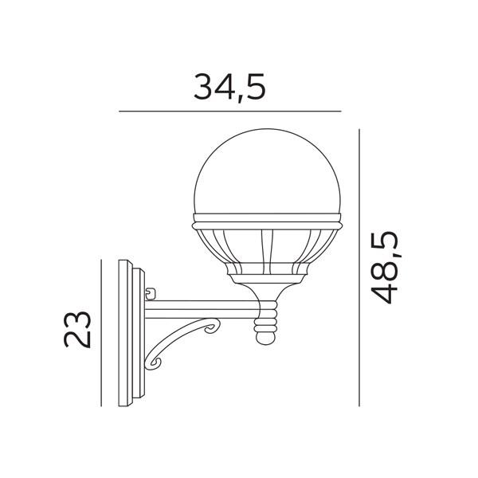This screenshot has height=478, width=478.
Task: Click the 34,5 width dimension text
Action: coord(229,86)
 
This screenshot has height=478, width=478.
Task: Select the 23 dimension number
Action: coord(79,328)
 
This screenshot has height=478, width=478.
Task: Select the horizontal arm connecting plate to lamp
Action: coord(203,306)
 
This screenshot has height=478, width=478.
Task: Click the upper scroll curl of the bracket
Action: coord(213,327)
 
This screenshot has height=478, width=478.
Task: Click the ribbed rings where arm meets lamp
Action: coord(268,315)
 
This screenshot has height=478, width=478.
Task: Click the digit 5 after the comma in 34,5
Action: coord(253,86)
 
